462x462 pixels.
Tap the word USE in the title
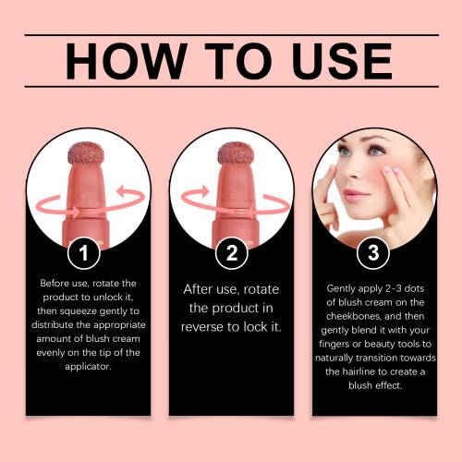point(342,61)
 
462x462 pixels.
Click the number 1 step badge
point(84,253)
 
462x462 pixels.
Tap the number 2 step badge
point(232,253)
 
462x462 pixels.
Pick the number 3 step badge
point(373,253)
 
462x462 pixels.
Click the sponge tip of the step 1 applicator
point(86,153)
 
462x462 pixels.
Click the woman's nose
point(355,171)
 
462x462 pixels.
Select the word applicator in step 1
point(88,367)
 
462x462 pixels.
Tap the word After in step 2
point(198,289)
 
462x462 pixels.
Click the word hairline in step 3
point(357,371)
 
